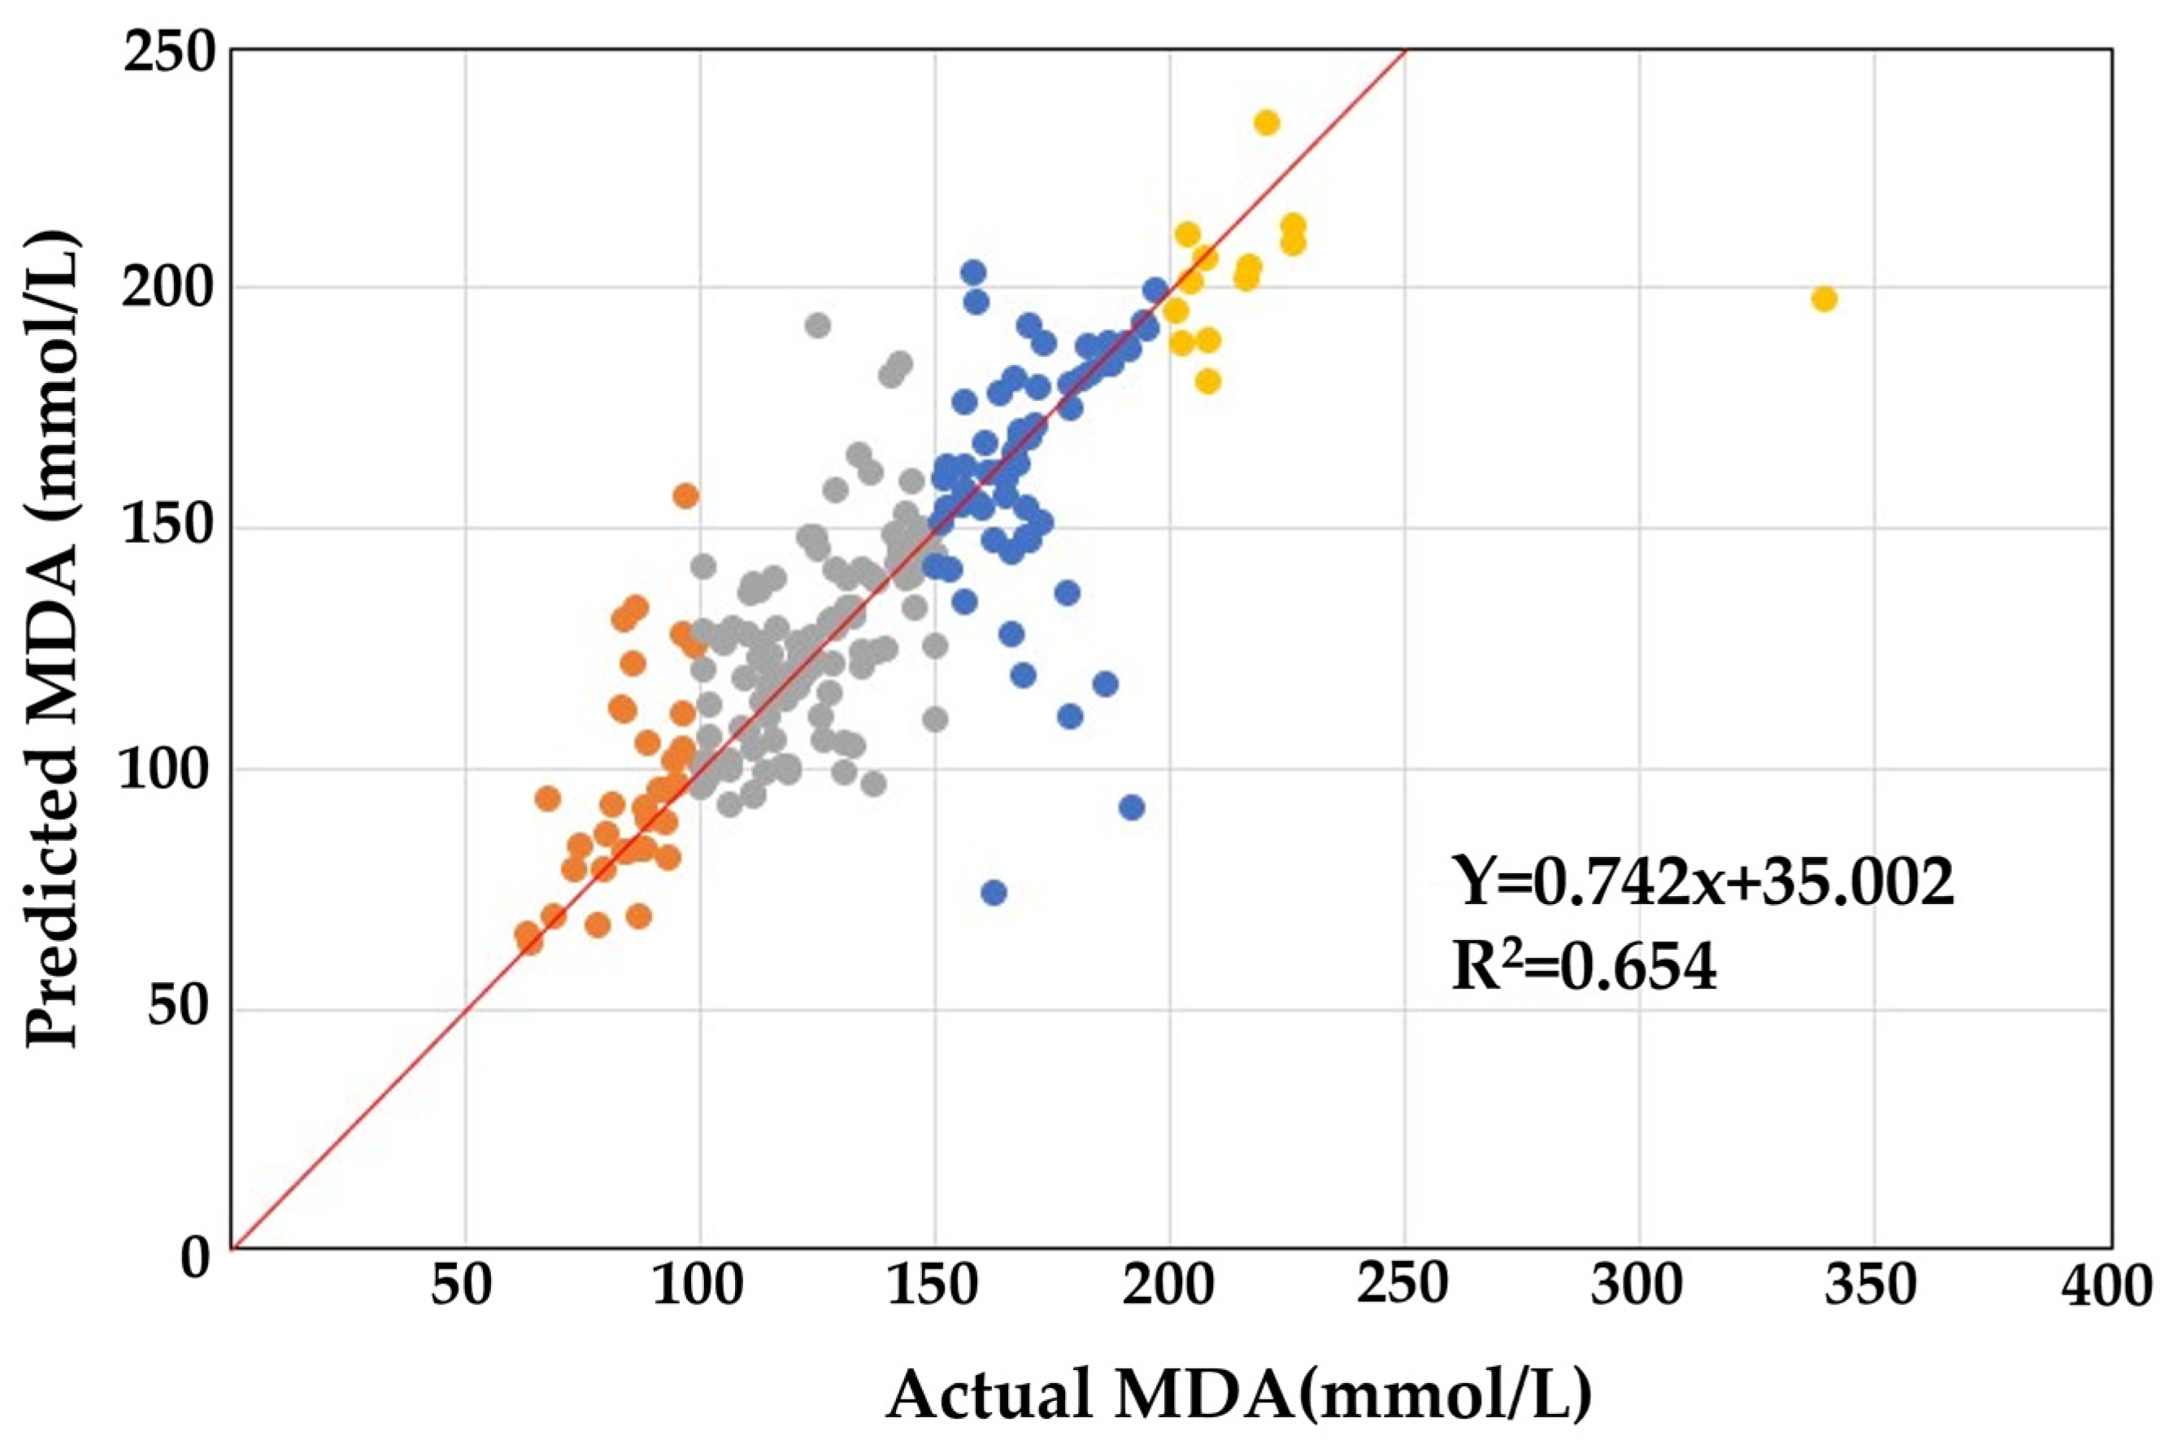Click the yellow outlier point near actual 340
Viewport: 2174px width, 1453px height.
pyautogui.click(x=1823, y=299)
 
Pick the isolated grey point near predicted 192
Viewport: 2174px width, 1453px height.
pyautogui.click(x=817, y=325)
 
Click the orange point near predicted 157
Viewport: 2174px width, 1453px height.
pyautogui.click(x=685, y=496)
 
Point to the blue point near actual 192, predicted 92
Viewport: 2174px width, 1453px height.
pyautogui.click(x=1131, y=807)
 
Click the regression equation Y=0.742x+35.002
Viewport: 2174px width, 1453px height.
pyautogui.click(x=1702, y=883)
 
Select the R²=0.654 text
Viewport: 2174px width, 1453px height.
pyautogui.click(x=1583, y=969)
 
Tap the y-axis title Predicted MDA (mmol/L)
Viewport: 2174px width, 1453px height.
pyautogui.click(x=52, y=639)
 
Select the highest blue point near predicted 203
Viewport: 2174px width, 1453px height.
pyautogui.click(x=972, y=272)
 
